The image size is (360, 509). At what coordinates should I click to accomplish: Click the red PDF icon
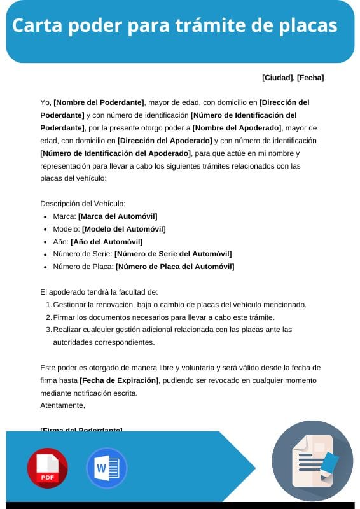pyautogui.click(x=48, y=468)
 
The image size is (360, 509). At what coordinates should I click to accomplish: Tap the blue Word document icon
pyautogui.click(x=106, y=468)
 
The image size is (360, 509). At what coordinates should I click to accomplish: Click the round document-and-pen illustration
pyautogui.click(x=312, y=462)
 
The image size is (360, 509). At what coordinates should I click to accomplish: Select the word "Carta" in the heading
pyautogui.click(x=37, y=26)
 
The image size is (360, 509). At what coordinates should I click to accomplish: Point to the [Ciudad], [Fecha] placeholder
pyautogui.click(x=293, y=78)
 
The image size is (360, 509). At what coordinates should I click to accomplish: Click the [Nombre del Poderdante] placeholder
pyautogui.click(x=99, y=102)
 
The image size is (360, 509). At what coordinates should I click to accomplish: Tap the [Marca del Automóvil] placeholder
pyautogui.click(x=118, y=216)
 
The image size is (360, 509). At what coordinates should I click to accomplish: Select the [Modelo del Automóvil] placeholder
pyautogui.click(x=123, y=229)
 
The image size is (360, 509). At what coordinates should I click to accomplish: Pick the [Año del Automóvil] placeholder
pyautogui.click(x=106, y=242)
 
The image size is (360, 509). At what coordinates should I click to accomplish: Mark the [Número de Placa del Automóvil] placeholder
pyautogui.click(x=175, y=267)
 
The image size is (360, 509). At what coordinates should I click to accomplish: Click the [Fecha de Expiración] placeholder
pyautogui.click(x=118, y=380)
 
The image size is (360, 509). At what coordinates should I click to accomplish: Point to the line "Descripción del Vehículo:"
pyautogui.click(x=83, y=204)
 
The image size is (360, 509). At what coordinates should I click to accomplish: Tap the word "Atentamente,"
pyautogui.click(x=62, y=405)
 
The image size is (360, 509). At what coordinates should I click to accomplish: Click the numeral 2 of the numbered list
pyautogui.click(x=48, y=317)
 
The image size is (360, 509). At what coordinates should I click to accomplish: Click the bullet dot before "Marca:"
pyautogui.click(x=45, y=217)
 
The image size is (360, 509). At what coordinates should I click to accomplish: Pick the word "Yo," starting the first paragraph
pyautogui.click(x=45, y=102)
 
